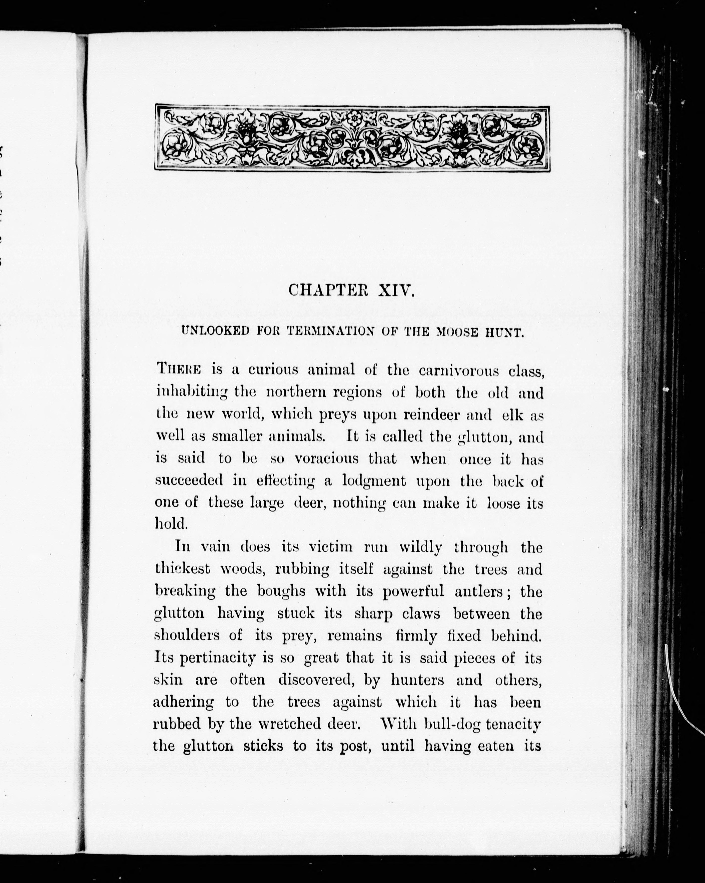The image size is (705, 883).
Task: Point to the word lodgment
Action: [x=374, y=481]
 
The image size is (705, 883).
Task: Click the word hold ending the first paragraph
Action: [x=170, y=523]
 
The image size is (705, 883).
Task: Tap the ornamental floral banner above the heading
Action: [x=352, y=138]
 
